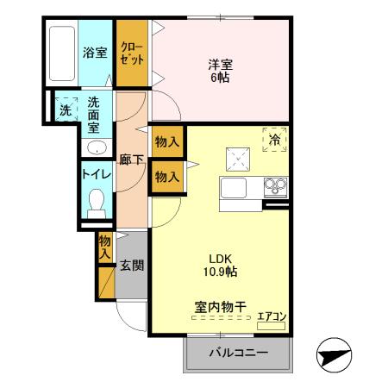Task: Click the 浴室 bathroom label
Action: (95, 53)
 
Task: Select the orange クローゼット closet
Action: (133, 53)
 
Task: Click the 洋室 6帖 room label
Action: (220, 70)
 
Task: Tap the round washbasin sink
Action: (95, 147)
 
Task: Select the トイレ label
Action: (95, 172)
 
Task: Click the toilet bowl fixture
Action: (96, 203)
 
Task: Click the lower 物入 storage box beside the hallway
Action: (166, 177)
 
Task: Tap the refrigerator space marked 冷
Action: (275, 140)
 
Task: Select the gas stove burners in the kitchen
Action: (276, 186)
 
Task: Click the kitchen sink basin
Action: (235, 189)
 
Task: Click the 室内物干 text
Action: (220, 305)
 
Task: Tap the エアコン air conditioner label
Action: (272, 317)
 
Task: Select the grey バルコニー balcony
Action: (238, 353)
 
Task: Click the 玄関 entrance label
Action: (131, 266)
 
